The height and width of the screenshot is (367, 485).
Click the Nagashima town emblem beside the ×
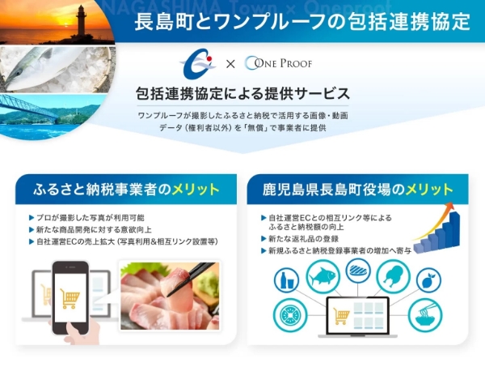[194, 63]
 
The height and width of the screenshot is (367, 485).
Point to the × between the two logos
[230, 64]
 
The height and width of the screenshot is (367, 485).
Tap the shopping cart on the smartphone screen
[70, 298]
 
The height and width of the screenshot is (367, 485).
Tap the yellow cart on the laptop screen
[342, 314]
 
